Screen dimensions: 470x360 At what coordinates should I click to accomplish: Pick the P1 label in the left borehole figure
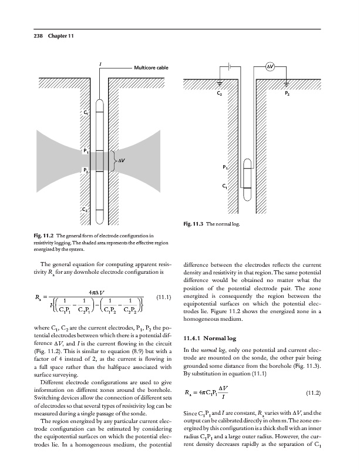click(86, 150)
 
